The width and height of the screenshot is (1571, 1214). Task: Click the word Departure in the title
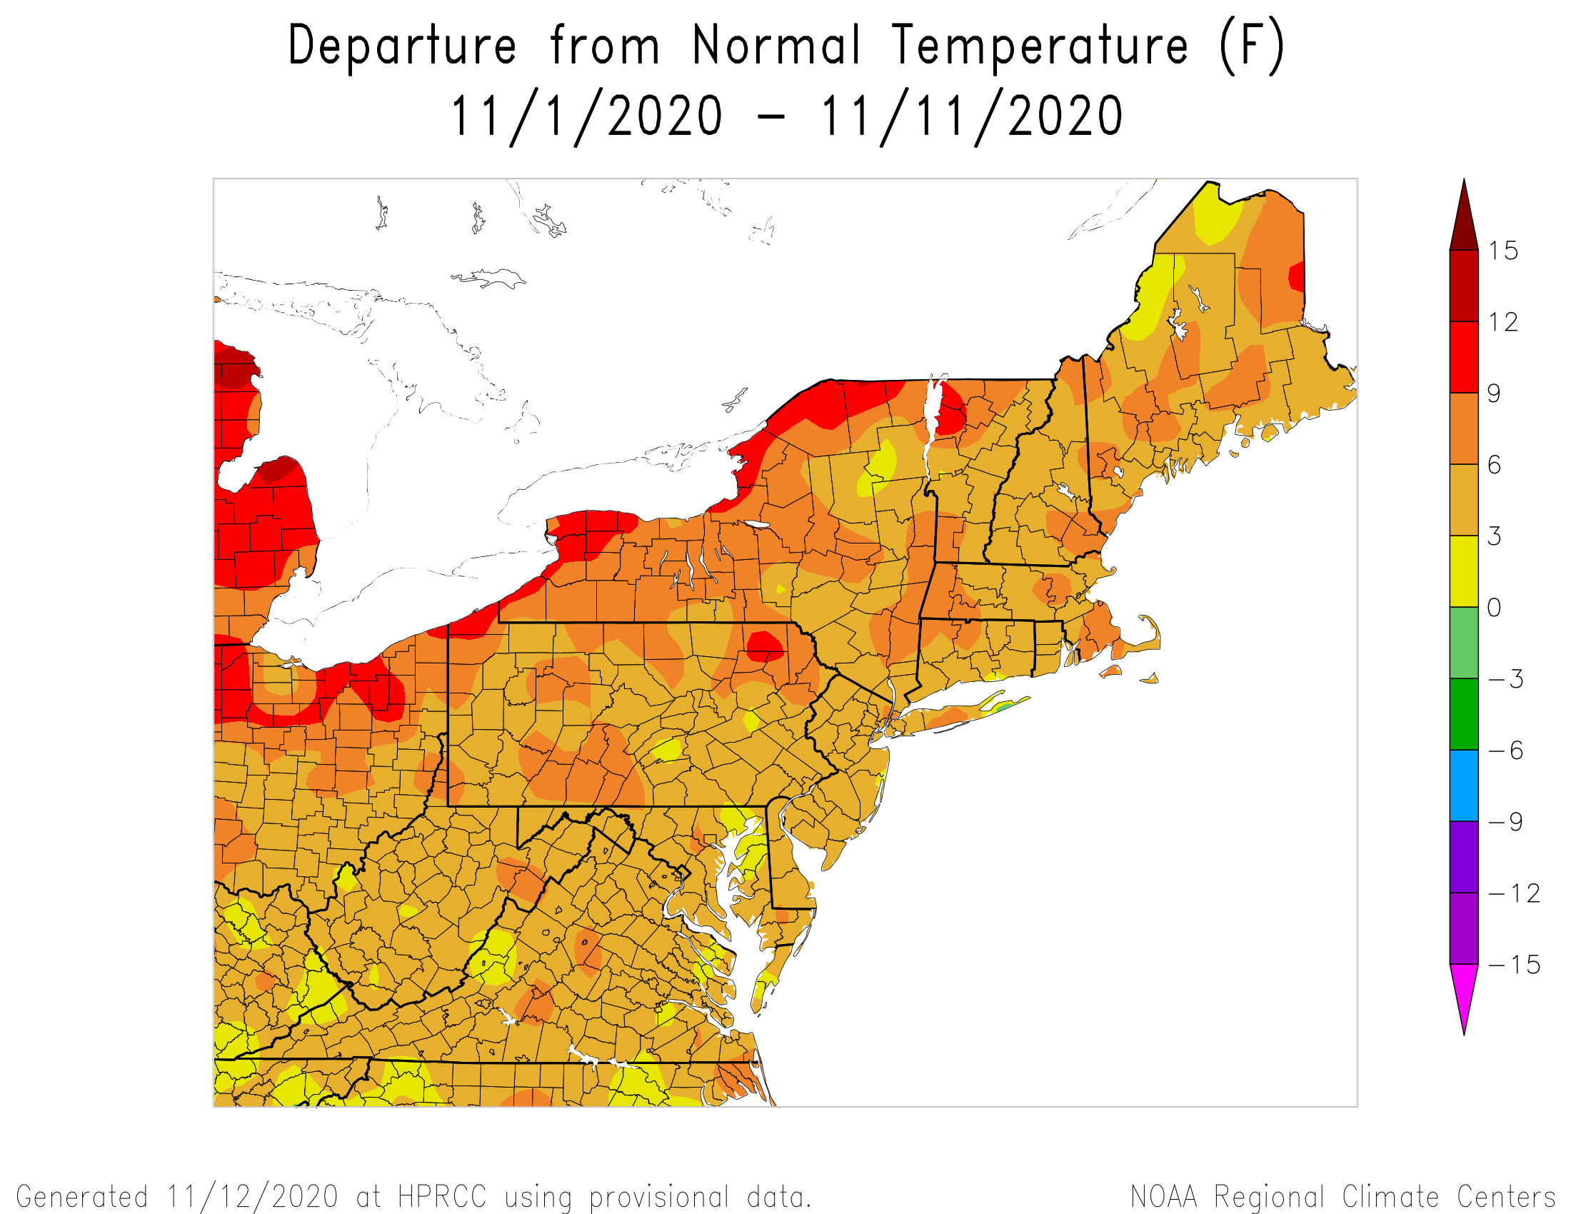pyautogui.click(x=401, y=46)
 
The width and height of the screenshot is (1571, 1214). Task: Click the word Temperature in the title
pyautogui.click(x=1039, y=46)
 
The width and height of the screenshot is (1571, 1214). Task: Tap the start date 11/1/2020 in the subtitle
pyautogui.click(x=586, y=116)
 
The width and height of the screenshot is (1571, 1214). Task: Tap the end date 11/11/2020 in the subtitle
pyautogui.click(x=971, y=116)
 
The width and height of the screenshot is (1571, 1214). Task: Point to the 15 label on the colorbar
pyautogui.click(x=1503, y=251)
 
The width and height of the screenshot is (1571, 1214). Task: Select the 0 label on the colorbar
pyautogui.click(x=1494, y=608)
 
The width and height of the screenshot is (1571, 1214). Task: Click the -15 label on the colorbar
pyautogui.click(x=1515, y=965)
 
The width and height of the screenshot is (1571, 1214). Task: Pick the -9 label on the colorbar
pyautogui.click(x=1506, y=821)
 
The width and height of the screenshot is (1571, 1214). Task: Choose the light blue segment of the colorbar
pyautogui.click(x=1464, y=786)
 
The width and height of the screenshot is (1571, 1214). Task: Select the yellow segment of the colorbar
pyautogui.click(x=1464, y=572)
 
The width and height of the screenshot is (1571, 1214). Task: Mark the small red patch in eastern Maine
pyautogui.click(x=1297, y=277)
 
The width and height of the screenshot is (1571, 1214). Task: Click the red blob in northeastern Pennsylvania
pyautogui.click(x=765, y=645)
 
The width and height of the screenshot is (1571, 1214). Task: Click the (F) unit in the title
pyautogui.click(x=1252, y=46)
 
